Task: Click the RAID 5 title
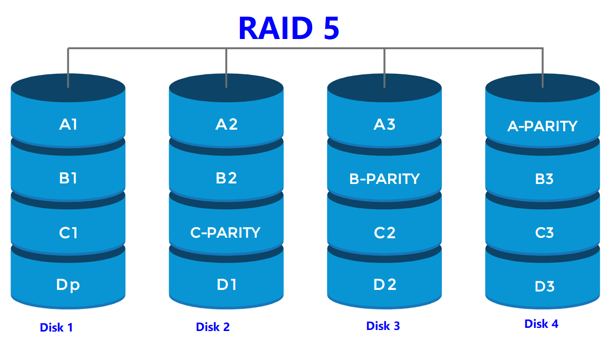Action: pos(288,28)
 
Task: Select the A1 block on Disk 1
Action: pos(68,124)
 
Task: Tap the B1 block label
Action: pos(68,178)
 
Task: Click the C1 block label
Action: pos(68,232)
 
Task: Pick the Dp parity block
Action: pos(68,285)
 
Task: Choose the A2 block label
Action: pos(226,124)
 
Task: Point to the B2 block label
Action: pos(226,178)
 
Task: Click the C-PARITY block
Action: pos(226,232)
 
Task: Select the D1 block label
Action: pos(226,285)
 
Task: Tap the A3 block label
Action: pos(384,124)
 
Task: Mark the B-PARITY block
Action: pos(384,179)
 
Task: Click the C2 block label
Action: pos(384,232)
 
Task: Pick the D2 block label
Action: pos(384,285)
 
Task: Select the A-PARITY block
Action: pos(543,127)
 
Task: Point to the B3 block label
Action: pos(544,179)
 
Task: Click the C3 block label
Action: pos(544,232)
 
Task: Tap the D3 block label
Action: pos(544,287)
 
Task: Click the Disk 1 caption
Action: pos(56,328)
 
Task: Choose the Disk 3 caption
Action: pos(383,326)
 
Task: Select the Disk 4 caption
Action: pos(542,324)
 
